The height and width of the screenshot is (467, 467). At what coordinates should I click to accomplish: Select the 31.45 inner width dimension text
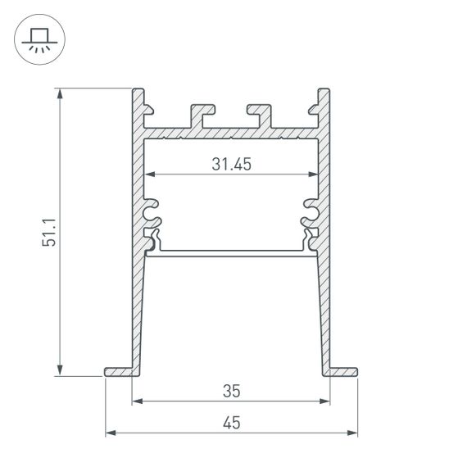click(231, 164)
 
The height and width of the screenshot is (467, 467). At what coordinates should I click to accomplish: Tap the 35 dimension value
click(231, 391)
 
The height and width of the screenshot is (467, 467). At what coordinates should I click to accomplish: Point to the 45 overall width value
click(231, 422)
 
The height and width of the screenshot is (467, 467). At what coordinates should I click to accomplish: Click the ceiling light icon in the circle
click(37, 38)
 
